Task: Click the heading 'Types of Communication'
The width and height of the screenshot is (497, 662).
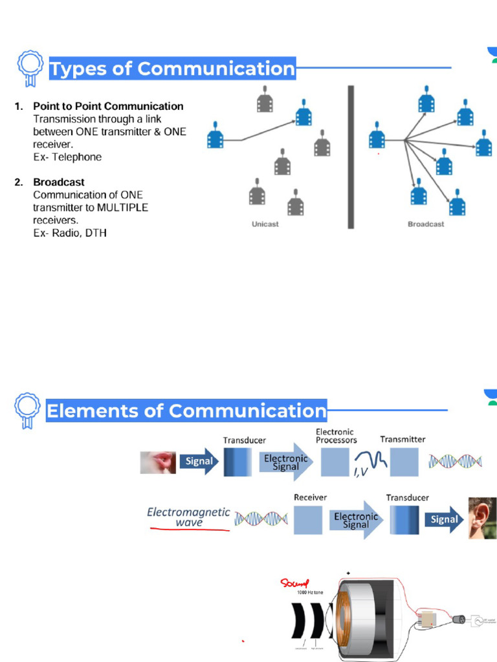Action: (172, 69)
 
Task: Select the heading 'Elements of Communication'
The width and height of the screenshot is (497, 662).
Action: (186, 411)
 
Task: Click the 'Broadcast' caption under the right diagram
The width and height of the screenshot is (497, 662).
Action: (426, 224)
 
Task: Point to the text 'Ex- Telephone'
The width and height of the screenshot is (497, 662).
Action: (67, 157)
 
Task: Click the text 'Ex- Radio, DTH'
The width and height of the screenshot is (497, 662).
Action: (70, 233)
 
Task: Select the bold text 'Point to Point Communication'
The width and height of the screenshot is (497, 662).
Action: (108, 106)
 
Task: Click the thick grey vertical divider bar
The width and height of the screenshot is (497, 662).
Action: (351, 156)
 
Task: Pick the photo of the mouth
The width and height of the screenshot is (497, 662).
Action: (158, 462)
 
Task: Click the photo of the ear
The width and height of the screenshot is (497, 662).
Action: (483, 518)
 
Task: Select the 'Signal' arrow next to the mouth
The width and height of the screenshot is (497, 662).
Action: (199, 462)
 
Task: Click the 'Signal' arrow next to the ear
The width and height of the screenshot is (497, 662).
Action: (444, 519)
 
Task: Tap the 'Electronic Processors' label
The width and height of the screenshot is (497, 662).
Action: (336, 435)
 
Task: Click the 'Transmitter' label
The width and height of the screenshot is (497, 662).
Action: (403, 439)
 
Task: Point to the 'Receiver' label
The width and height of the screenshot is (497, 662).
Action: (311, 497)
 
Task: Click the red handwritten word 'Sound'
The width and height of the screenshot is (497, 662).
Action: (295, 584)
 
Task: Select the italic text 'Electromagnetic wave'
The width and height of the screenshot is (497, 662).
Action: (188, 517)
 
